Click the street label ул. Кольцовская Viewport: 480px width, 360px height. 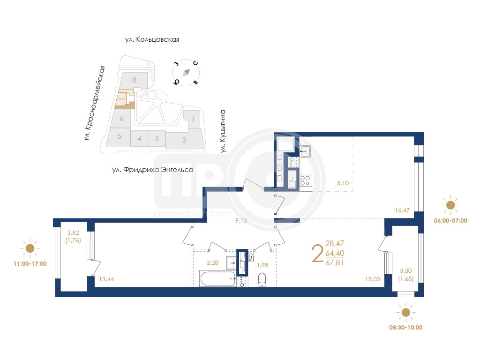(x=152, y=39)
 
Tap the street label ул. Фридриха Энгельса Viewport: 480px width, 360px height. (x=153, y=170)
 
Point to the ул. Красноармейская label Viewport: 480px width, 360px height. (x=95, y=104)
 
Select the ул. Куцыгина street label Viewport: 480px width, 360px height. (x=223, y=131)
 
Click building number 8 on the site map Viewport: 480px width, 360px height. (x=134, y=80)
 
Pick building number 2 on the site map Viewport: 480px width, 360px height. (x=184, y=140)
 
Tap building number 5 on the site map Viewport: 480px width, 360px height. (x=120, y=136)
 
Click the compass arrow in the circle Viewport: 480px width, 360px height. (x=186, y=73)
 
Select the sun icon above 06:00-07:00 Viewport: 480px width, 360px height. (x=450, y=205)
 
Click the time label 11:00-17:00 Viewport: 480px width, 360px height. (x=30, y=263)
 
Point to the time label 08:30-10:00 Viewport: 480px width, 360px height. (x=405, y=327)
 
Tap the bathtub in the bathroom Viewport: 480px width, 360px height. (x=217, y=278)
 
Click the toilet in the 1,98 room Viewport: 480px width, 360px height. (x=262, y=280)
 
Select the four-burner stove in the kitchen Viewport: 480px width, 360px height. (x=305, y=180)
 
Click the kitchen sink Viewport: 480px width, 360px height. (x=305, y=151)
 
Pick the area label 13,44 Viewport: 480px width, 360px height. (x=106, y=279)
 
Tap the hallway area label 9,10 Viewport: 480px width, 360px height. (x=241, y=220)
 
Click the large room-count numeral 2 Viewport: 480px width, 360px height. (x=317, y=254)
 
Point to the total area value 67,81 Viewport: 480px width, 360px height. (x=335, y=262)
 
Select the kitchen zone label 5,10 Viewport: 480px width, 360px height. (x=343, y=183)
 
